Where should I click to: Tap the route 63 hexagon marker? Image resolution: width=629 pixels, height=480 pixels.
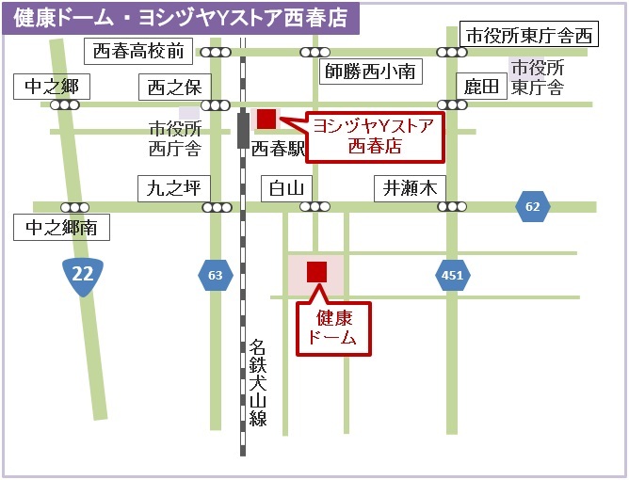216,275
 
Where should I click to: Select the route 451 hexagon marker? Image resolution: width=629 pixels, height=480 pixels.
453,275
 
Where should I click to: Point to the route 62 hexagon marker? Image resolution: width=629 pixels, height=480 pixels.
533,206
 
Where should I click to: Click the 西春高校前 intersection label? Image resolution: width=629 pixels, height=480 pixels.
138,50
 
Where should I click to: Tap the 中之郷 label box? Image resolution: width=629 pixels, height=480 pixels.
52,88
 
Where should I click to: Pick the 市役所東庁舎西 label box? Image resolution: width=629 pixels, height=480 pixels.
530,36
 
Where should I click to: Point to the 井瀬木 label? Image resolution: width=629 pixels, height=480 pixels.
410,187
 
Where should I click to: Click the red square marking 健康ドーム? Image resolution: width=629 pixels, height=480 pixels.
316,271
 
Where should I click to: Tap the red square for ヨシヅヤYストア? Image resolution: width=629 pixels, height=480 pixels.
266,119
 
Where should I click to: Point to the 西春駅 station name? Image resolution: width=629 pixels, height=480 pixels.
280,149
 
